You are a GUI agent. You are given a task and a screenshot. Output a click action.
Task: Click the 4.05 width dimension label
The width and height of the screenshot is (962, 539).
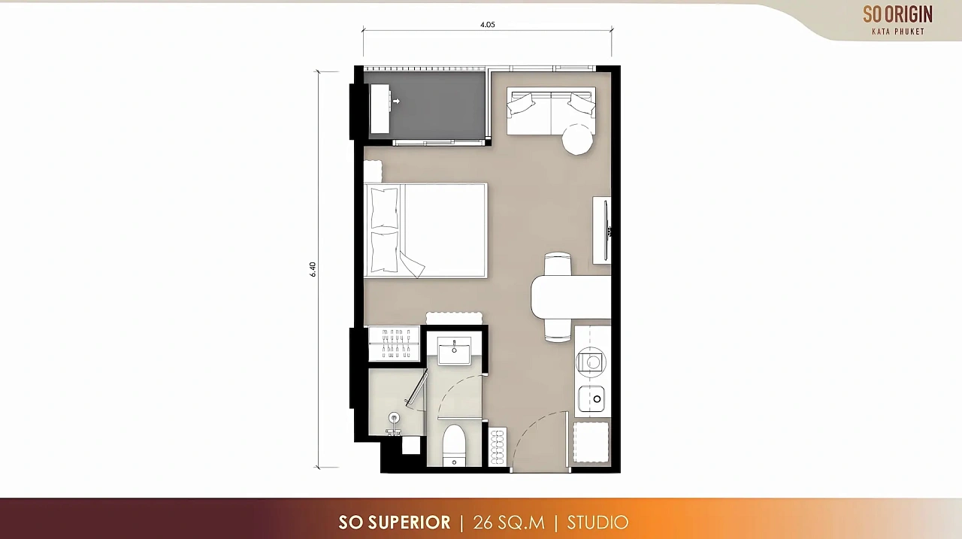(x=488, y=25)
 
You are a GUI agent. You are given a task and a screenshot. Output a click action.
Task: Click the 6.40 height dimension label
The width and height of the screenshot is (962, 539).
(x=313, y=269)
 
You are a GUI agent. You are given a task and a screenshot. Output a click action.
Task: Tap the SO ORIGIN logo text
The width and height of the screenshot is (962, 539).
(x=897, y=14)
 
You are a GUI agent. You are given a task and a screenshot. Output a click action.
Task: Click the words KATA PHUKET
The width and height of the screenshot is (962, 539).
(x=898, y=32)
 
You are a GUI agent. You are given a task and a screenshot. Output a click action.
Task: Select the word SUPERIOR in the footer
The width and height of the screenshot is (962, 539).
(x=410, y=522)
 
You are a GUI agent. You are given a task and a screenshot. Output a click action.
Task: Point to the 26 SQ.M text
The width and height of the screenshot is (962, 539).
(x=509, y=522)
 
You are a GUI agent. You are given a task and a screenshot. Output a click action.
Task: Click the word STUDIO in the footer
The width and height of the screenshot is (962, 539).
(x=597, y=522)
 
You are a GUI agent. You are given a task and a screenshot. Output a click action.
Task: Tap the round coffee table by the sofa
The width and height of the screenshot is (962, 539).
(x=578, y=139)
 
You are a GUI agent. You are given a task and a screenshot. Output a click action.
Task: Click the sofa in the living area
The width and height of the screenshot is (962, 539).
(x=551, y=111)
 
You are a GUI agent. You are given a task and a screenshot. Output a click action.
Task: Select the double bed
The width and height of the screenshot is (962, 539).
(x=425, y=231)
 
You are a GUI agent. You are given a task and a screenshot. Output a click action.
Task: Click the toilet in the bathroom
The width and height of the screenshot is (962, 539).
(x=454, y=445)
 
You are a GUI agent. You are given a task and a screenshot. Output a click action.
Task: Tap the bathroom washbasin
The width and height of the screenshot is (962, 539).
(x=454, y=351)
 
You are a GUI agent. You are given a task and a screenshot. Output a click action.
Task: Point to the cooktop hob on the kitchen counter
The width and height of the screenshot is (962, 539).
(x=591, y=362)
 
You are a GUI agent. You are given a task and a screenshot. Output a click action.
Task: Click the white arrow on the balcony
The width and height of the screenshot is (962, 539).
(x=396, y=101)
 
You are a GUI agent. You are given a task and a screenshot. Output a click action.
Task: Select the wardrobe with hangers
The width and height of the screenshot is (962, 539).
(x=395, y=344)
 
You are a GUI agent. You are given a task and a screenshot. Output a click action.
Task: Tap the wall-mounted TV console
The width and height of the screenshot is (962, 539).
(x=602, y=230)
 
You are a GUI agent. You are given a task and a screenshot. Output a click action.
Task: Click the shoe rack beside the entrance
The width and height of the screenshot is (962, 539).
(x=498, y=447)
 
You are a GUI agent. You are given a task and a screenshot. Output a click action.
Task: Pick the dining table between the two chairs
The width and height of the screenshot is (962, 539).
(x=570, y=297)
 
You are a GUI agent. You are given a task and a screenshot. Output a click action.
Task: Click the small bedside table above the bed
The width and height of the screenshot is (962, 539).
(x=373, y=171)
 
